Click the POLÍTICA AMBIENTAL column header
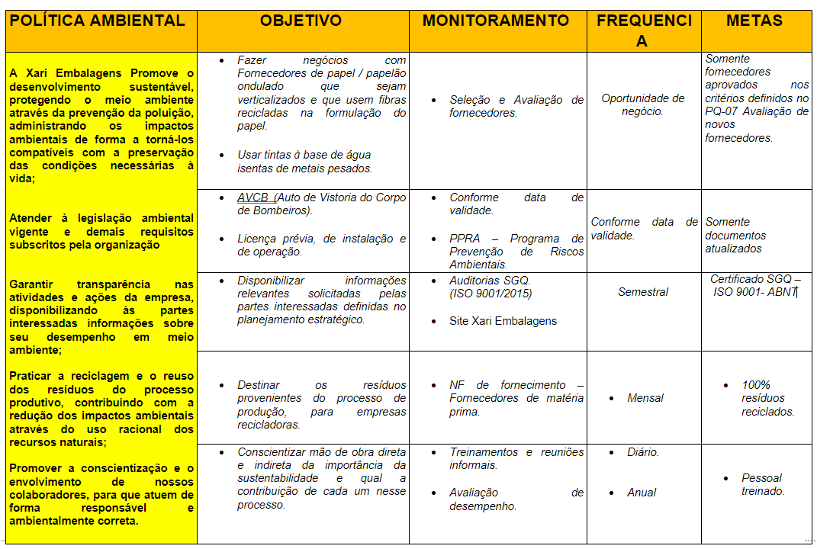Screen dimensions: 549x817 [98, 21]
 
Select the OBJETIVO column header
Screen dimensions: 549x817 [301, 21]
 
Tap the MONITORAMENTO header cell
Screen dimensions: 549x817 [496, 21]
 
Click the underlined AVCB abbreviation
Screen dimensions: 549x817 [252, 197]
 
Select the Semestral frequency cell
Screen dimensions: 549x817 [643, 292]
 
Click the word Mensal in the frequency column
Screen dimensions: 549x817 [645, 398]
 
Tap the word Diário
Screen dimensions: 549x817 [643, 452]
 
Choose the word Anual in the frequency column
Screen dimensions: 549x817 [642, 493]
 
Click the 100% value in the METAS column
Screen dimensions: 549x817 [756, 385]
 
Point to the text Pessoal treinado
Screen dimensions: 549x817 [763, 485]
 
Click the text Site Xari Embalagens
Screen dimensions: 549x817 [503, 321]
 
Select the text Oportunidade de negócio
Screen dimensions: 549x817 [642, 104]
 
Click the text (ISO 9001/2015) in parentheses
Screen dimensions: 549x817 [491, 294]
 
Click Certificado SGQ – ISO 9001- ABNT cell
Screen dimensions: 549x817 [755, 285]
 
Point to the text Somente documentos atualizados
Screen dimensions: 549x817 [735, 235]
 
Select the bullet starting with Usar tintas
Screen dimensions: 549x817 [304, 162]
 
